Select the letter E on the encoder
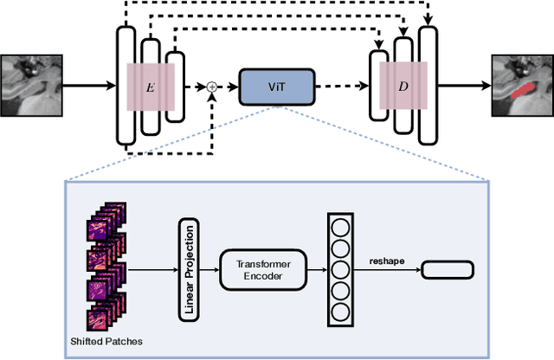tap(152, 87)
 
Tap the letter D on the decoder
tap(403, 87)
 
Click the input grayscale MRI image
tap(31, 85)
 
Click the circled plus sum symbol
tap(211, 87)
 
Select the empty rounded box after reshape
tap(447, 270)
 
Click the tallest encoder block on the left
tap(126, 87)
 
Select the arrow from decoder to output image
tap(465, 87)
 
